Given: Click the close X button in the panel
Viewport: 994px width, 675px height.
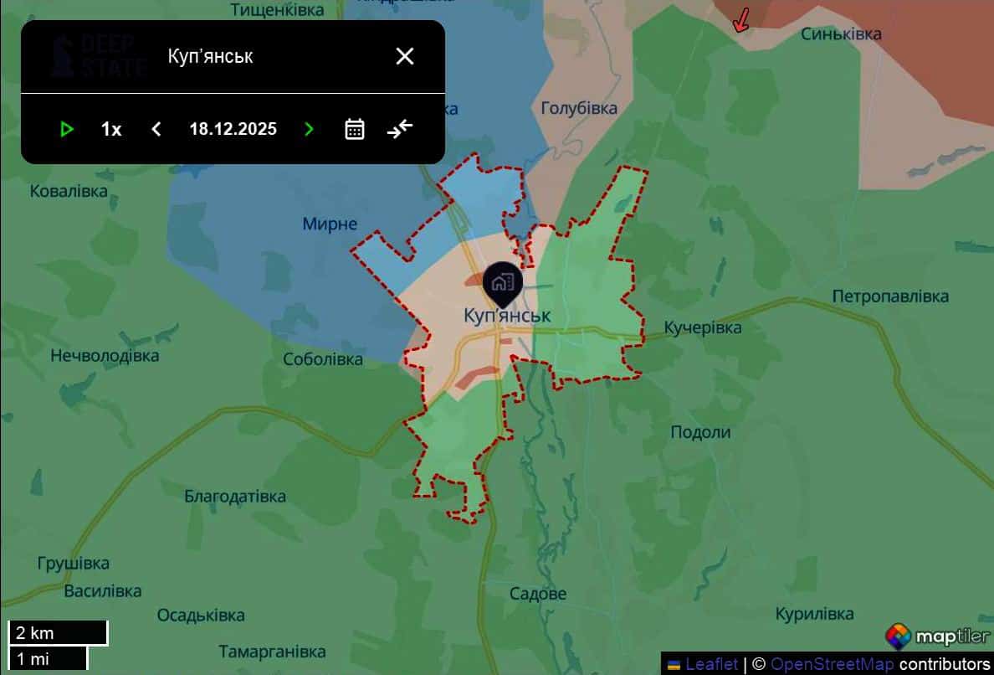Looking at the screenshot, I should click(x=405, y=56).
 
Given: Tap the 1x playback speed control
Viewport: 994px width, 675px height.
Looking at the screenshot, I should click(x=111, y=129).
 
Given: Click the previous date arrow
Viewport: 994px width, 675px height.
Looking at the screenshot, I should click(x=156, y=129).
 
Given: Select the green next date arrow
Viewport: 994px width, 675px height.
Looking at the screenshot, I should click(x=310, y=129).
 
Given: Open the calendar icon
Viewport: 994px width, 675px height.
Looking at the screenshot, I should click(x=355, y=129).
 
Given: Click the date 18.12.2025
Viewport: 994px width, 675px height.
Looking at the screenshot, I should click(x=233, y=129).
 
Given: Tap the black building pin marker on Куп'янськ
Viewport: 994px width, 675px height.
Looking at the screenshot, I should click(x=502, y=282).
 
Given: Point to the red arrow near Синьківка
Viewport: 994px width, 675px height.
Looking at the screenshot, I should click(x=740, y=21).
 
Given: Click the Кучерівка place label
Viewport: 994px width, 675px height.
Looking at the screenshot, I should click(x=702, y=327).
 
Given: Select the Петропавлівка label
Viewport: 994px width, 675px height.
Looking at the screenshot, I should click(x=890, y=296).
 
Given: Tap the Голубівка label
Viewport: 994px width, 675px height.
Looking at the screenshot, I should click(x=579, y=108).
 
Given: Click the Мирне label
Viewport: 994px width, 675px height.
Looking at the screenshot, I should click(x=330, y=224).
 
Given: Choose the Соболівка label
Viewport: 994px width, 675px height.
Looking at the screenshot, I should click(x=323, y=359).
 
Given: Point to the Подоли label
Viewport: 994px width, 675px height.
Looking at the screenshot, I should click(x=700, y=432).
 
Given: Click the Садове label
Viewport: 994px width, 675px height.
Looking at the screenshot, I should click(x=538, y=594).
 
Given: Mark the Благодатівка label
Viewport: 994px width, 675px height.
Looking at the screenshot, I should click(x=235, y=496).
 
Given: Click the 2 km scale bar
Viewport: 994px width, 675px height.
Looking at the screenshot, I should click(x=58, y=633).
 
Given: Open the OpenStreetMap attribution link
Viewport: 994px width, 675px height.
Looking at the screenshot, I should click(x=831, y=664).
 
